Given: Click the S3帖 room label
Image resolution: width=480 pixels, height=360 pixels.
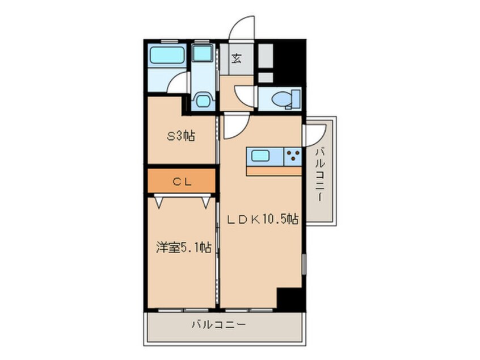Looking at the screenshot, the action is coord(180,136).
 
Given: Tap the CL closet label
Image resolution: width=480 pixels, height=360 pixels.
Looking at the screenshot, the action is coord(182,182).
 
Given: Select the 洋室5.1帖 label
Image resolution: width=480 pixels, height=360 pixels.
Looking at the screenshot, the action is coord(184,247).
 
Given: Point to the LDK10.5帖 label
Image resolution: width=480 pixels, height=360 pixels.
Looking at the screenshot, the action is coord(262,219).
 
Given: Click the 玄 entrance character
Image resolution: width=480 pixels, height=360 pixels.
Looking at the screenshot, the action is coord(237,58).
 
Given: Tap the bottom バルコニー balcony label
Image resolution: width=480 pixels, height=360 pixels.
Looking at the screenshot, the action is coord(219,324).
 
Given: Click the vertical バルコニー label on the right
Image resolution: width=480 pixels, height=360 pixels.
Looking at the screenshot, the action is coord(320,174).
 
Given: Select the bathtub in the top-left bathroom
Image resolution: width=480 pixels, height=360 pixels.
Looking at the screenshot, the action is coord(167,56).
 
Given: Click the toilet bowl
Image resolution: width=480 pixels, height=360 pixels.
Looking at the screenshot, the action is coord(279,99).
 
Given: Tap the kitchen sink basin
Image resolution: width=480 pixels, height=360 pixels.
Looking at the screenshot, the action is coord(260,156).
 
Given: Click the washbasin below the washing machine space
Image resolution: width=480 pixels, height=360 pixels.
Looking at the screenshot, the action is coord(203,100).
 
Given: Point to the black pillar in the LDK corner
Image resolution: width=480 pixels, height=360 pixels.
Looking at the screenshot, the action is coord(289,298).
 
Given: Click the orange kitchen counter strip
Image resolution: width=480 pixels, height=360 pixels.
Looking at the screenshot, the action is coord(274,171).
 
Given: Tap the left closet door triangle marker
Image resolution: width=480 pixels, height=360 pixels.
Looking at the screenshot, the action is coord(158,203).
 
